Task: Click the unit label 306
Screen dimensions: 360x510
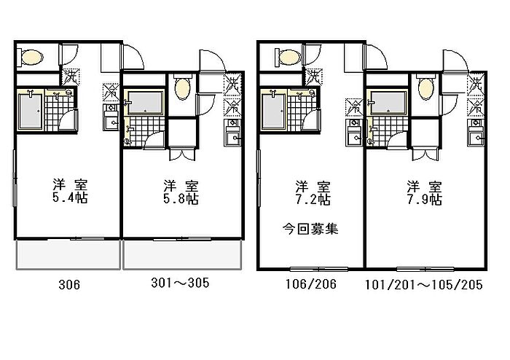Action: pyautogui.click(x=67, y=285)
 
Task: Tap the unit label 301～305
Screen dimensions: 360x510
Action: pyautogui.click(x=180, y=283)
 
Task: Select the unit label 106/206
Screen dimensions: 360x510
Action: pyautogui.click(x=312, y=285)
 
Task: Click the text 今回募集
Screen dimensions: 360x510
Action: pyautogui.click(x=312, y=229)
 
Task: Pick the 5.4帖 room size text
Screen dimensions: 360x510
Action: pyautogui.click(x=68, y=197)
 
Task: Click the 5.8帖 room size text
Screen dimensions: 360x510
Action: pyautogui.click(x=181, y=198)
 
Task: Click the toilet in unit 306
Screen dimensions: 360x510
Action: pyautogui.click(x=32, y=57)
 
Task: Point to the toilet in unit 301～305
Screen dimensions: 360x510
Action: pyautogui.click(x=182, y=90)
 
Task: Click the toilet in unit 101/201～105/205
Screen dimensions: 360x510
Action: pyautogui.click(x=425, y=90)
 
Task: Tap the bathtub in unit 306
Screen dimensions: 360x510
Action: pyautogui.click(x=29, y=110)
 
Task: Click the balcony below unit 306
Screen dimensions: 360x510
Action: pyautogui.click(x=68, y=255)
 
